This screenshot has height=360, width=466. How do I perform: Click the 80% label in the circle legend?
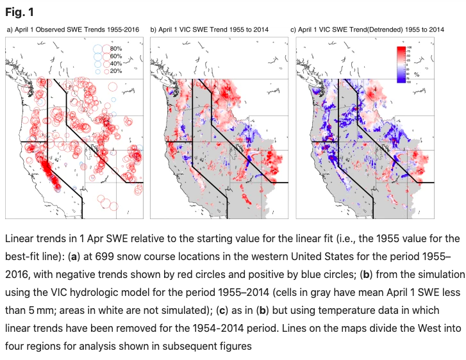pos(116,49)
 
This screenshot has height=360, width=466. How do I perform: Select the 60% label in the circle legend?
pos(116,56)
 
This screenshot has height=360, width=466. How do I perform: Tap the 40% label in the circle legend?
pos(116,63)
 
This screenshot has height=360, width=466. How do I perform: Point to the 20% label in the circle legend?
pos(116,71)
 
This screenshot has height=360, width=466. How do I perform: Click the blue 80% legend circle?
pos(97,49)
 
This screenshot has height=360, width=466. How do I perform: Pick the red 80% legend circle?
pos(106,49)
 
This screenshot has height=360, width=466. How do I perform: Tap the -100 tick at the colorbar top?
pos(408,48)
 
